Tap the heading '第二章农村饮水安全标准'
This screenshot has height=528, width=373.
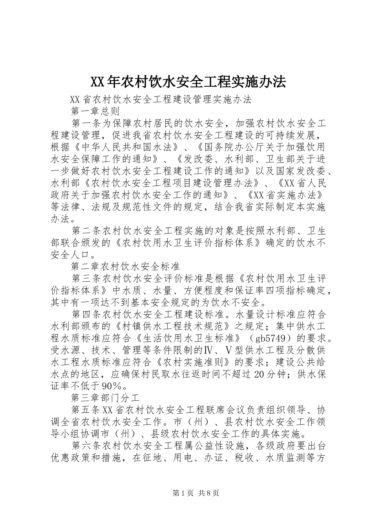coord(125,267)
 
